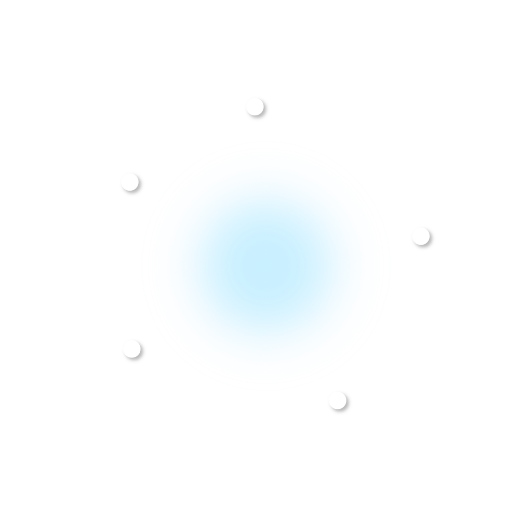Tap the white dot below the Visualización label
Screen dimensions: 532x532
click(x=255, y=107)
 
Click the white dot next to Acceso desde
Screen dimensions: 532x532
click(x=129, y=182)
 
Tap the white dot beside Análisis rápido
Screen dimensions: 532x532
click(x=420, y=236)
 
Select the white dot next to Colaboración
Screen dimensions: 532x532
click(x=132, y=349)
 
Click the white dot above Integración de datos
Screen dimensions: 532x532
click(x=337, y=400)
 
